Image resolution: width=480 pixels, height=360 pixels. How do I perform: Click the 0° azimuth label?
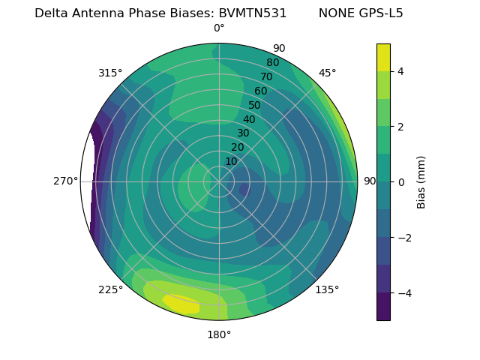click(219, 28)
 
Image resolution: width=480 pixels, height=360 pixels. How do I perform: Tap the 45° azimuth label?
click(328, 73)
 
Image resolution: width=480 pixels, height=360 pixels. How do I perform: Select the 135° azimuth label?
click(327, 289)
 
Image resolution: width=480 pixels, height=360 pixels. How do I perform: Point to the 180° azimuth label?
click(219, 334)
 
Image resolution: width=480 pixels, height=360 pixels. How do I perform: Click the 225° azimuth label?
click(110, 289)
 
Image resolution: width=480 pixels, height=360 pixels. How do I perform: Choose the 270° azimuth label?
click(65, 181)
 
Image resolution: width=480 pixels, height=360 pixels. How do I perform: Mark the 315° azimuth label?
click(110, 73)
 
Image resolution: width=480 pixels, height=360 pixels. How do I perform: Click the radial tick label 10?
click(231, 161)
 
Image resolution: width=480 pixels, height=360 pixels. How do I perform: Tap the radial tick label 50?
click(254, 105)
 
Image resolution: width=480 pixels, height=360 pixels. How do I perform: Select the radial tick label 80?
click(272, 62)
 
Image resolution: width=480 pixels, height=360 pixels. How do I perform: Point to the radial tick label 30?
click(243, 133)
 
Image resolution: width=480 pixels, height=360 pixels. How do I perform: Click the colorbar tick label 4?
click(400, 71)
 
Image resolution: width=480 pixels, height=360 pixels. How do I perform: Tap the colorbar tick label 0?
click(400, 182)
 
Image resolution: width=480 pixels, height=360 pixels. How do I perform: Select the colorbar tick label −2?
click(403, 238)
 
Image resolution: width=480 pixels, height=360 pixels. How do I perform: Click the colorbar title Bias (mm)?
click(421, 182)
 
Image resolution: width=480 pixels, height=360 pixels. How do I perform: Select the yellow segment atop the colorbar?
click(383, 57)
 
